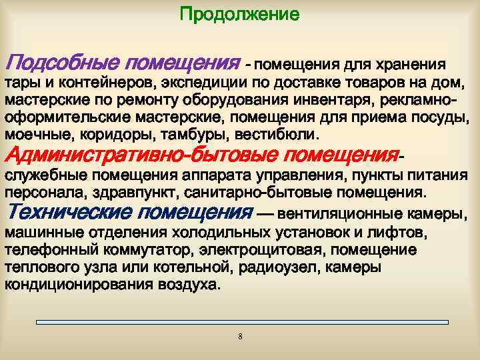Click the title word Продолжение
[240, 13]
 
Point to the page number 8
[240, 336]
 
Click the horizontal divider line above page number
[240, 323]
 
